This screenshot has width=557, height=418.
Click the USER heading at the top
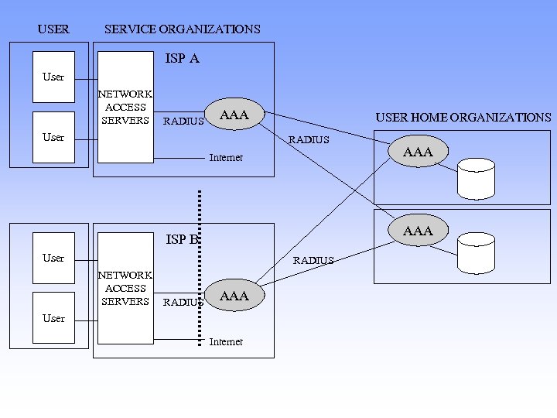pos(53,29)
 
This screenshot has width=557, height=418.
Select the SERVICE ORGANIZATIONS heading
pos(182,29)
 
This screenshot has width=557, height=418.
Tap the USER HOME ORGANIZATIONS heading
pos(463,118)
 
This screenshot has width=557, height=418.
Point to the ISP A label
pos(183,58)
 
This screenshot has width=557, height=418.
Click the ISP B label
pos(183,239)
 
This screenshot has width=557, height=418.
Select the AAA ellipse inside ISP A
pos(234,115)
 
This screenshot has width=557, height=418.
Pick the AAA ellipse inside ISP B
pos(234,296)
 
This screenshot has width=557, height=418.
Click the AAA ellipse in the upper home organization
pos(418,152)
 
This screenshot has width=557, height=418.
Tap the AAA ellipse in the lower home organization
pos(418,231)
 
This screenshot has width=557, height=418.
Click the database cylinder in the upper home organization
pos(476,177)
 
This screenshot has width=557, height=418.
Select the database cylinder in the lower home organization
pos(476,253)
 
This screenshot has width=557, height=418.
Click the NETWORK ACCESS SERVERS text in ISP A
pos(125,107)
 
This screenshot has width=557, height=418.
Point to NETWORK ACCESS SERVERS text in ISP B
pos(125,288)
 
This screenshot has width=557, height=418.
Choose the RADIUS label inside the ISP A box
pos(183,121)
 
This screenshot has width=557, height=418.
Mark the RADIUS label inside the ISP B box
pos(183,303)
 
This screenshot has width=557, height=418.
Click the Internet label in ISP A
pos(226,158)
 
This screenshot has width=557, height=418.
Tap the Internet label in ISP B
pos(226,341)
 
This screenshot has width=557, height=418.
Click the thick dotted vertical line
pos(200,263)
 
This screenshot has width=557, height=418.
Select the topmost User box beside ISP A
pos(53,77)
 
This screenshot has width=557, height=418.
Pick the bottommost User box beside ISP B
pos(53,318)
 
